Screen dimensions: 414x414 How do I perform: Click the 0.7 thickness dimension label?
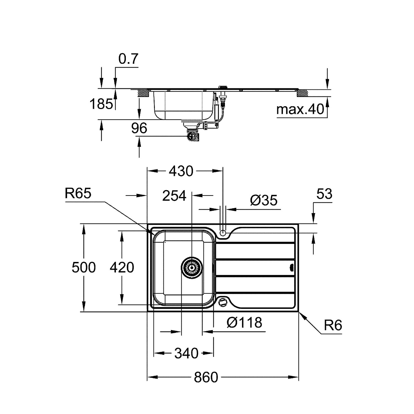pos(128,59)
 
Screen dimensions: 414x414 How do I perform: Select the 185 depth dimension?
pos(102,104)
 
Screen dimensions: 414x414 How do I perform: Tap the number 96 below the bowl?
pos(139,128)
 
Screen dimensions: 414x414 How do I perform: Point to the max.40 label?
pos(300,110)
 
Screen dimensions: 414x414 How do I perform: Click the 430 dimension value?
pos(181,171)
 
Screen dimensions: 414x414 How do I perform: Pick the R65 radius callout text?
pos(78,193)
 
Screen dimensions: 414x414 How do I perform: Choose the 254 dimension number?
pos(174,196)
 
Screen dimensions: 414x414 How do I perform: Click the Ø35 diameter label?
pos(264,200)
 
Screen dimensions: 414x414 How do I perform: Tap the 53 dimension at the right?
pos(324,194)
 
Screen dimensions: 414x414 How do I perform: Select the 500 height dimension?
pos(84,267)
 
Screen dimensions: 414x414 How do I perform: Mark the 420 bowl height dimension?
pos(122,267)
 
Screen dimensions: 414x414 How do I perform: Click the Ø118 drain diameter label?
pos(244,322)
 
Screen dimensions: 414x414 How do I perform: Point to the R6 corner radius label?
pos(333,325)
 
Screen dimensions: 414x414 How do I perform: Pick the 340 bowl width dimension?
pos(186,353)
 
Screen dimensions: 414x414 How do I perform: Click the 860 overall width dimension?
pos(206,377)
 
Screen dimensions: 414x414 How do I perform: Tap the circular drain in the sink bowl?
pos(192,267)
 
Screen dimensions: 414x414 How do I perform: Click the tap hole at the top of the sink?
pos(223,233)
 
